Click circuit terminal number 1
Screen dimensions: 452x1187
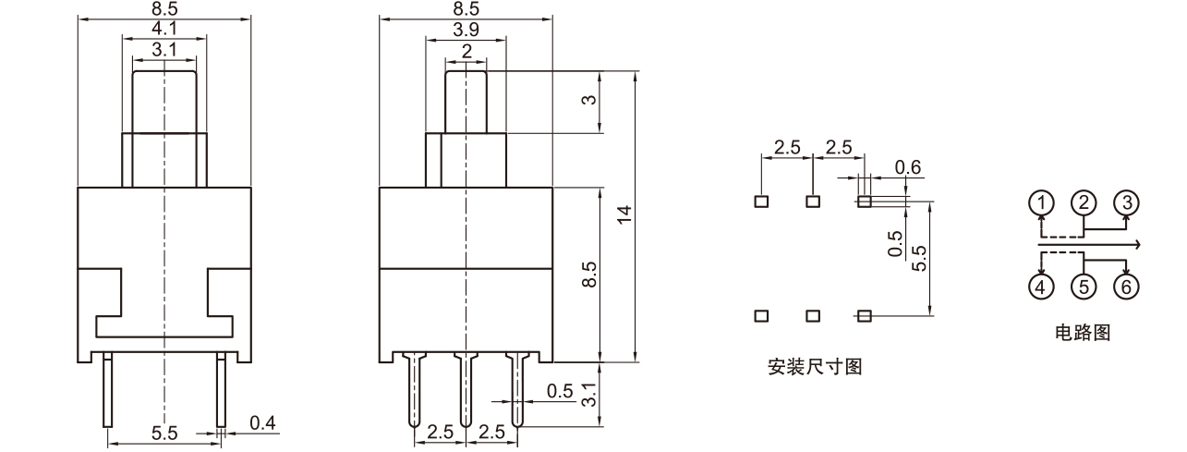point(1042,202)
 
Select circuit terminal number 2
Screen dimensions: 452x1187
point(1084,202)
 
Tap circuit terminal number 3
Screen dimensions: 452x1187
point(1125,202)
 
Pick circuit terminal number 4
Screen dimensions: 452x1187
point(1042,287)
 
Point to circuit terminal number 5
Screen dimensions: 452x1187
point(1084,287)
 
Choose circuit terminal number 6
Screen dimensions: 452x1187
point(1125,287)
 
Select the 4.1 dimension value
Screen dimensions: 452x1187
point(164,29)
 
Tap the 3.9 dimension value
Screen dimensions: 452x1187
point(466,30)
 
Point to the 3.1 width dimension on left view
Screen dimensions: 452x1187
point(164,50)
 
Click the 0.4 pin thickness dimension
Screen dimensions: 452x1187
point(264,423)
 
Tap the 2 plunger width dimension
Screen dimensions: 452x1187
point(466,52)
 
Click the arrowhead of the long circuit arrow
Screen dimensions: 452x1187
point(1139,245)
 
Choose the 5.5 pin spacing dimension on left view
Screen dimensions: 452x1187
point(165,432)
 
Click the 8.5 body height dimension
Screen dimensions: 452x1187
point(590,274)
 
